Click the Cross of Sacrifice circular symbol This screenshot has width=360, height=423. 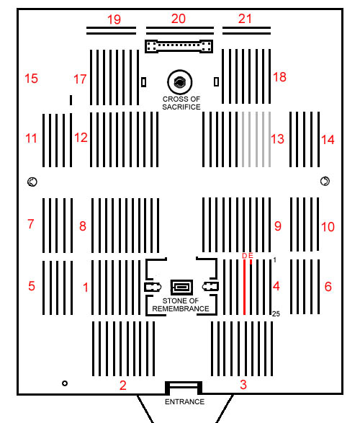point(180,81)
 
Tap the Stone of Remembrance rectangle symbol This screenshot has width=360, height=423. point(182,287)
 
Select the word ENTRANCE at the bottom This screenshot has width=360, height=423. point(184,401)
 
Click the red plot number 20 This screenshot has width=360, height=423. point(179,19)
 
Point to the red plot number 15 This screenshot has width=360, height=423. point(31,79)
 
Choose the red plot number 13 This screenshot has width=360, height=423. point(277,139)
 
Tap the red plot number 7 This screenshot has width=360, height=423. point(31,223)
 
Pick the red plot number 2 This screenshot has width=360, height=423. point(123,386)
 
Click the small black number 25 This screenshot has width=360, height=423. point(276,313)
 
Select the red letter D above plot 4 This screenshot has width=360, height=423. point(244,256)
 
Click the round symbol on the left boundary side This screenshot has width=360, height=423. point(32,182)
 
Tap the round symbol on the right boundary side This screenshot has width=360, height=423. point(325,181)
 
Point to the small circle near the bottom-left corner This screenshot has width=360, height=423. point(65,383)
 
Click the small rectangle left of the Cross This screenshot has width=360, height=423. point(144,82)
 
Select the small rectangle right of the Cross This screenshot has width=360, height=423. point(216,81)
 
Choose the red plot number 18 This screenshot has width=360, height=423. point(279,77)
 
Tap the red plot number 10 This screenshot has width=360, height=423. point(328,226)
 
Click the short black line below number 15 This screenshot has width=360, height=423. point(71,100)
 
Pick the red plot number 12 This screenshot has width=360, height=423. point(81,138)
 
